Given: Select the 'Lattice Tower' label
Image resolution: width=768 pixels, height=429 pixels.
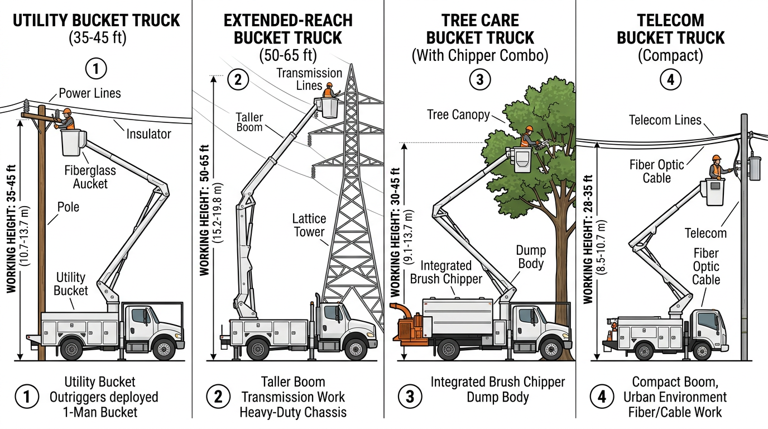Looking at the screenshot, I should [309, 225].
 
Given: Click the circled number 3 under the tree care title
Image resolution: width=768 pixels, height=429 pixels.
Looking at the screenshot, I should [479, 80].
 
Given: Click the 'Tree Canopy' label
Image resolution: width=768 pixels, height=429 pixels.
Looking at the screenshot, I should [458, 115].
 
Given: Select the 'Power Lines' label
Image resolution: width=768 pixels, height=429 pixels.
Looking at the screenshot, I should [89, 93].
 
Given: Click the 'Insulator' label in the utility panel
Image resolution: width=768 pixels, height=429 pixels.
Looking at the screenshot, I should [148, 134].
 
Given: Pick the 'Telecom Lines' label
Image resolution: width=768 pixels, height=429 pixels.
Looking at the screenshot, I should [665, 120].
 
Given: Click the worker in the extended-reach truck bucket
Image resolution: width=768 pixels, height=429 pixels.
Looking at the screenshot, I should [329, 90].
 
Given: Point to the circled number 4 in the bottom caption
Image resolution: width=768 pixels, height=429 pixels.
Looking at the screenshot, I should [602, 397].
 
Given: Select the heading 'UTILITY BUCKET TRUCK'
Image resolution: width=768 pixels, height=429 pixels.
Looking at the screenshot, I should [97, 21].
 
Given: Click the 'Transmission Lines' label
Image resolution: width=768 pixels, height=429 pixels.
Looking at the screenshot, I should [309, 79].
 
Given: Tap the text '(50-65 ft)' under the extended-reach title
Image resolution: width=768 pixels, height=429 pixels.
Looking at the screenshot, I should [288, 55].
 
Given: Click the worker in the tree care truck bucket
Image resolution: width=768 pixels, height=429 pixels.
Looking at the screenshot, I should [527, 137].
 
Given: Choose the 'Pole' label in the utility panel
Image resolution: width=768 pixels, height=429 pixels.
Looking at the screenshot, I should [68, 207].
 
